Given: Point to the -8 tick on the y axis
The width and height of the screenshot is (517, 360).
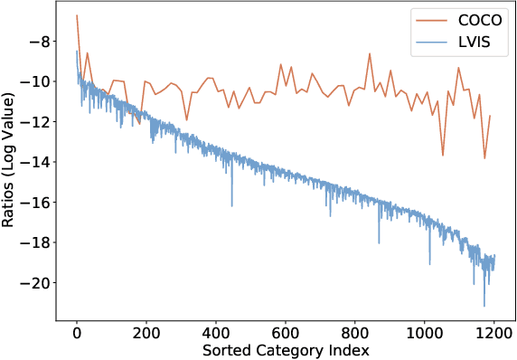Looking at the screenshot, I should (x=42, y=42).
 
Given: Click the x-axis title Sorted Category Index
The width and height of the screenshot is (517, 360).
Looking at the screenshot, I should (x=286, y=348).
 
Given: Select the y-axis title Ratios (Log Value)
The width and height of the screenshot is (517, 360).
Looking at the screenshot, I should (x=11, y=163).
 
